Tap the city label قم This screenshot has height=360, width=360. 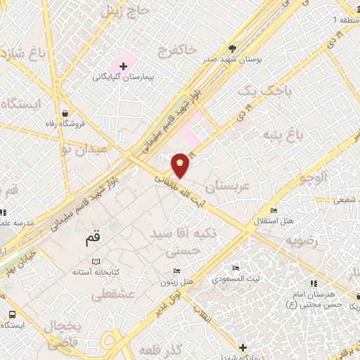click(93, 237)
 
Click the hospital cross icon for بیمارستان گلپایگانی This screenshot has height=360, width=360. click(123, 66)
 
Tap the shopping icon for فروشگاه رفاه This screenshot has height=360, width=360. click(65, 114)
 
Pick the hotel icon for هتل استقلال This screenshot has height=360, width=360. click(274, 210)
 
